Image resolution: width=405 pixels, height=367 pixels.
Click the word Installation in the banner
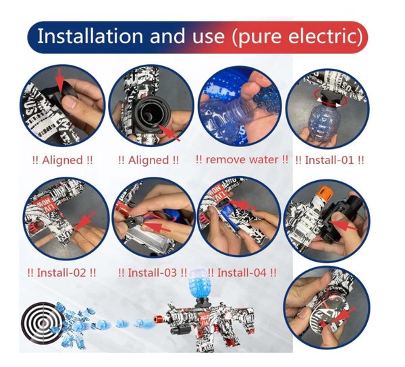tap(90, 36)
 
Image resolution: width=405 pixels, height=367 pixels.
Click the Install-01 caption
tap(329, 160)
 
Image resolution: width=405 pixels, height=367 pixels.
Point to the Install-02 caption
tap(61, 273)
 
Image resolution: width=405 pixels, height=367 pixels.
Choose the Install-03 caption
tap(153, 273)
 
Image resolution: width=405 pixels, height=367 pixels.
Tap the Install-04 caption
tap(242, 273)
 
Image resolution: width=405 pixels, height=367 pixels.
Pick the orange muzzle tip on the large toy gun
tap(157, 319)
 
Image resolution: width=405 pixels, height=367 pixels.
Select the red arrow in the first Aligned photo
tap(60, 80)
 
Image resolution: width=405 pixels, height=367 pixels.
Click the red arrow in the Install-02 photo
tap(84, 221)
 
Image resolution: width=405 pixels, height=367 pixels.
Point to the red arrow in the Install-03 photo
tap(157, 227)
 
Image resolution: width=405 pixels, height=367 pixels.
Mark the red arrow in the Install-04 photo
tap(242, 204)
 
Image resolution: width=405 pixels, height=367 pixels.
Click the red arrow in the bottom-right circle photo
tap(343, 316)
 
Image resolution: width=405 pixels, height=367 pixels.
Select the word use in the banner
tap(208, 36)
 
